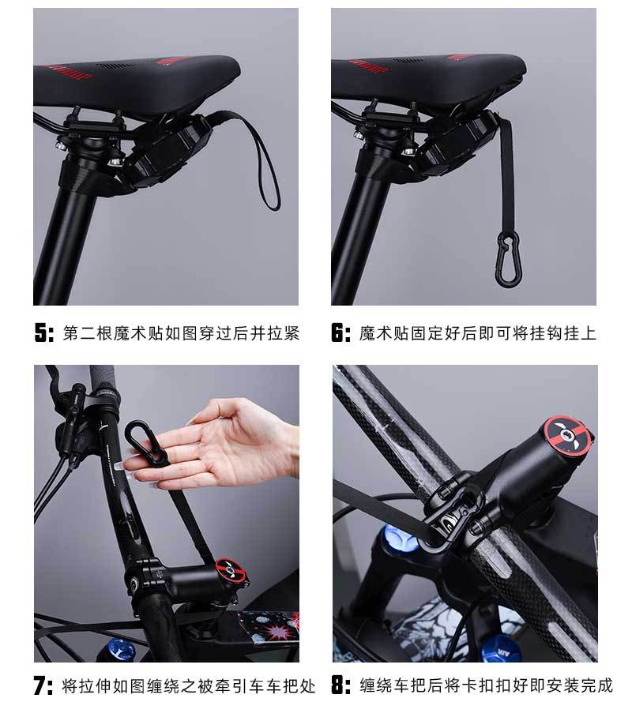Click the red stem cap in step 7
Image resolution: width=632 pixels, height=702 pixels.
pyautogui.click(x=231, y=572)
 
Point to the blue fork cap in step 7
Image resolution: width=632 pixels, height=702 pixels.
pyautogui.click(x=122, y=648)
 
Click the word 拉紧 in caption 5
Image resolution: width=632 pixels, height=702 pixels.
pyautogui.click(x=284, y=333)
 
